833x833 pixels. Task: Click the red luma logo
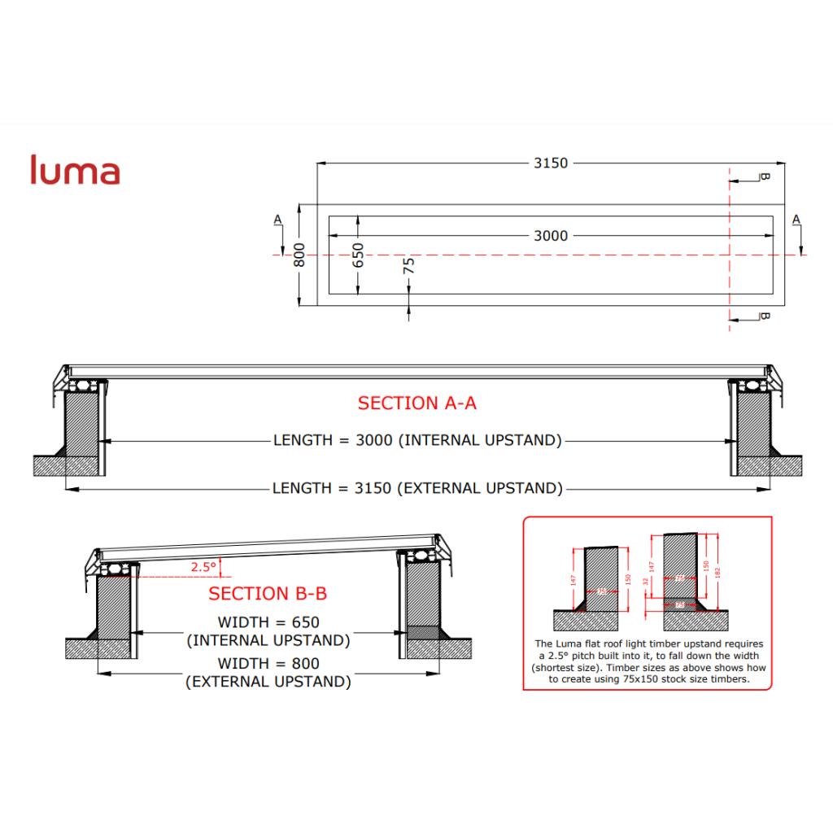click(75, 170)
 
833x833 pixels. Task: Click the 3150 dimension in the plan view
click(550, 163)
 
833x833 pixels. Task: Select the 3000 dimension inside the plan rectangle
click(550, 236)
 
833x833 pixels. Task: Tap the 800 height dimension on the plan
click(299, 255)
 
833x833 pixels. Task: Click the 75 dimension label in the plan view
click(408, 265)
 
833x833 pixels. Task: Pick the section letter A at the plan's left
click(278, 220)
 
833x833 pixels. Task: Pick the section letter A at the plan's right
click(796, 220)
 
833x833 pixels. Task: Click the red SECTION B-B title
click(268, 594)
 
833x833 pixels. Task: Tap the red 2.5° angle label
click(203, 567)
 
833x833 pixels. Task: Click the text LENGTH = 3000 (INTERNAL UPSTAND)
click(417, 441)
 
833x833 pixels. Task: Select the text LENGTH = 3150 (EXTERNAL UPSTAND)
click(417, 489)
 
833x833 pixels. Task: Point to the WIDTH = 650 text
click(268, 623)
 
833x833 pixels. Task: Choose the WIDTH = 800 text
click(268, 664)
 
